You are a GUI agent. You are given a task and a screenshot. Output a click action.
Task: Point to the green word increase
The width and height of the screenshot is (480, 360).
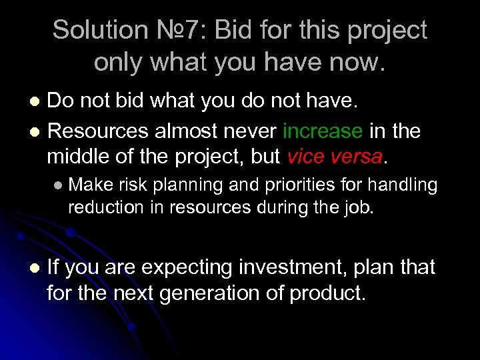(323, 131)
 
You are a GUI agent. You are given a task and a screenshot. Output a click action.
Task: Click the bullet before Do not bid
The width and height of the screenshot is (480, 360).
(37, 101)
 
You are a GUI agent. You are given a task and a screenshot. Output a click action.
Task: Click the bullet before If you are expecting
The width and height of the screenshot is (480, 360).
(36, 269)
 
